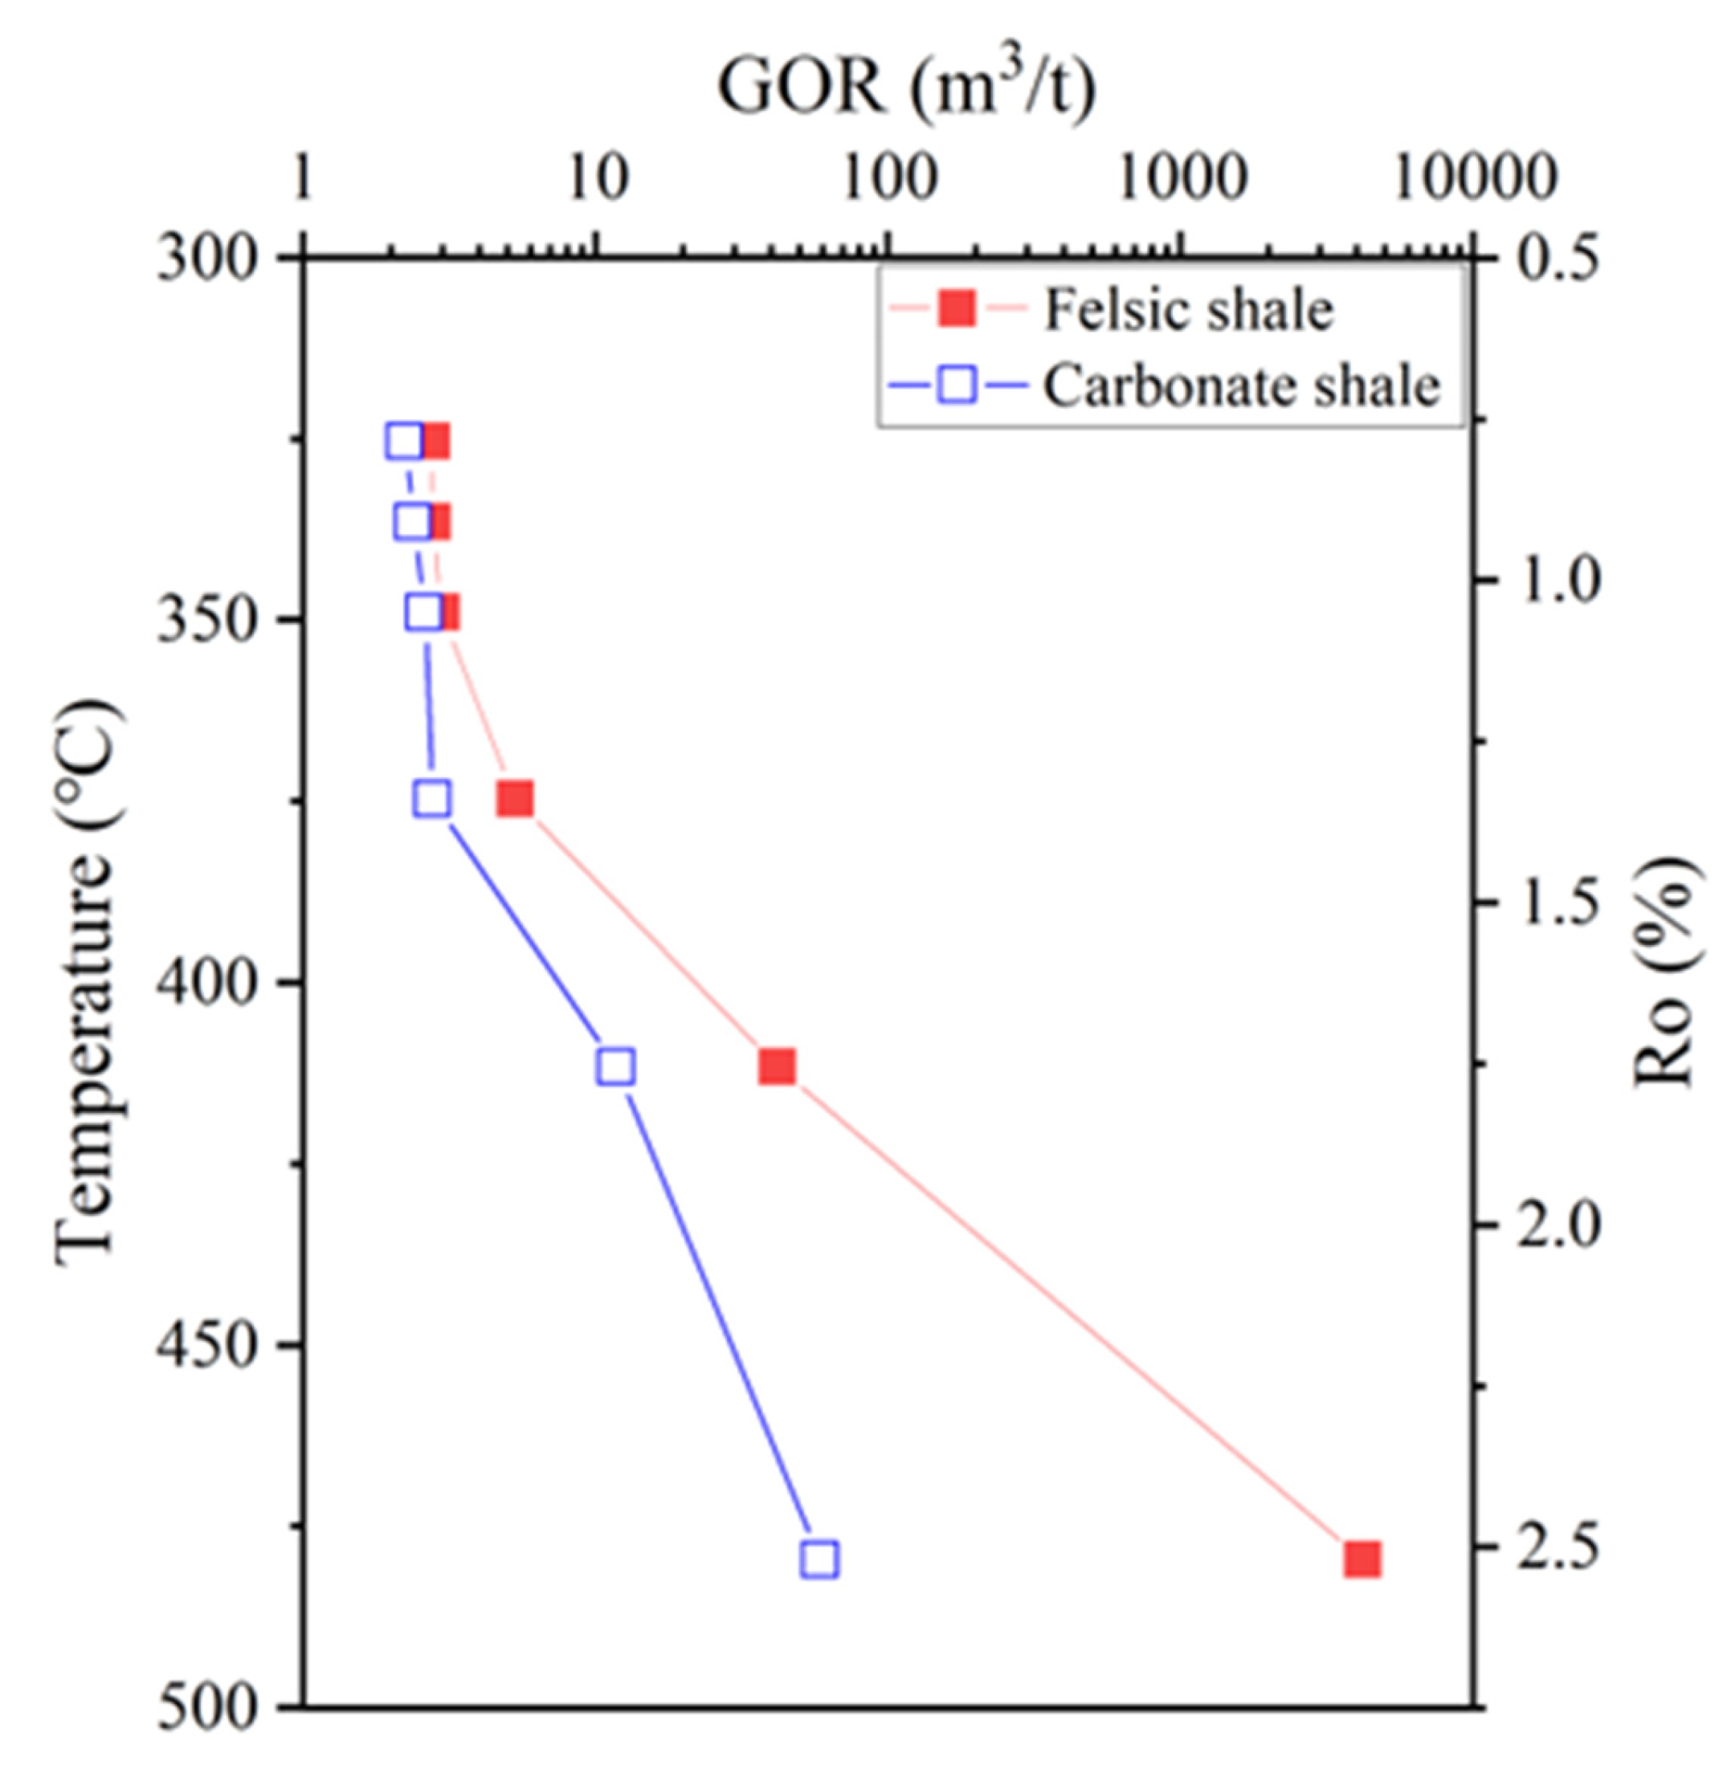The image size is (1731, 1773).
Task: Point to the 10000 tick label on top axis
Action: pos(1476,178)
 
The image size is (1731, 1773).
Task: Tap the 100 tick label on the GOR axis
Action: pos(888,178)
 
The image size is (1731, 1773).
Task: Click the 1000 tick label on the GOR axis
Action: pos(1181,178)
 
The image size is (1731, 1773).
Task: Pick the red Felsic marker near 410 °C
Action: pos(778,1067)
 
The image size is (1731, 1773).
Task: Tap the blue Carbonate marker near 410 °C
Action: pos(616,1067)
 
